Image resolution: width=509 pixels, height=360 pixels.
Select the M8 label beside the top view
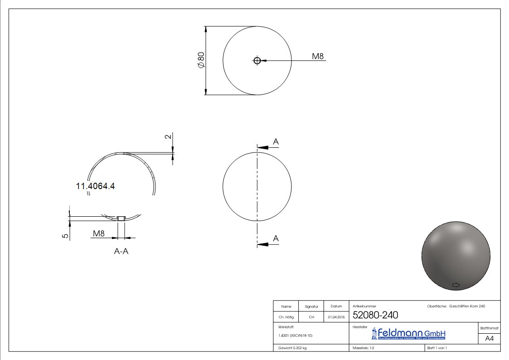pyautogui.click(x=318, y=56)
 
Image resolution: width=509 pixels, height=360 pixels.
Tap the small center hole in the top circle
pyautogui.click(x=257, y=60)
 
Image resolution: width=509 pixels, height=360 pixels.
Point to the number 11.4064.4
pyautogui.click(x=95, y=186)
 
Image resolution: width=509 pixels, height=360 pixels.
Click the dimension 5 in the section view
pyautogui.click(x=66, y=236)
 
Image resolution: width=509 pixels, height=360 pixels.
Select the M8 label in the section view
pyautogui.click(x=99, y=234)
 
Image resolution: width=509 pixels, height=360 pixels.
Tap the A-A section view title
pyautogui.click(x=121, y=252)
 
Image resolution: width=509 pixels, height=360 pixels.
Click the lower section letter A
pyautogui.click(x=276, y=238)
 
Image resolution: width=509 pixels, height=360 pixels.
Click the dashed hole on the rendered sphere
pyautogui.click(x=456, y=285)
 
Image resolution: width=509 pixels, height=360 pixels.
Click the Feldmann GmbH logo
pyautogui.click(x=408, y=334)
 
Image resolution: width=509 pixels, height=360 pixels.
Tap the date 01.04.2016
pyautogui.click(x=336, y=317)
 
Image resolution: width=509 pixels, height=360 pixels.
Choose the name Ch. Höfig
pyautogui.click(x=286, y=317)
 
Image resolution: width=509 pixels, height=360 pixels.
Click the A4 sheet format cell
pyautogui.click(x=489, y=339)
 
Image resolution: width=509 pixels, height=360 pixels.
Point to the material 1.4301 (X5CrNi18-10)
pyautogui.click(x=295, y=336)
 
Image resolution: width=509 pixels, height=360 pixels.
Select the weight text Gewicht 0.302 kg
pyautogui.click(x=292, y=348)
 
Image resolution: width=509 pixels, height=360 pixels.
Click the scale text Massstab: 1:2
pyautogui.click(x=364, y=348)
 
